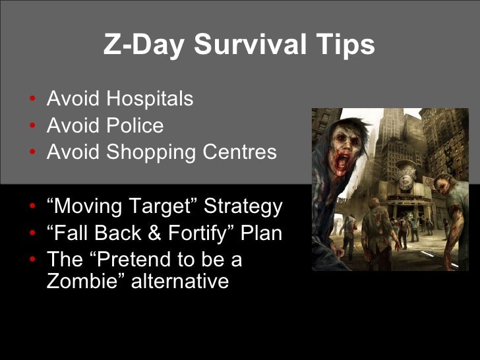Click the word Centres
pyautogui.click(x=239, y=152)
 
